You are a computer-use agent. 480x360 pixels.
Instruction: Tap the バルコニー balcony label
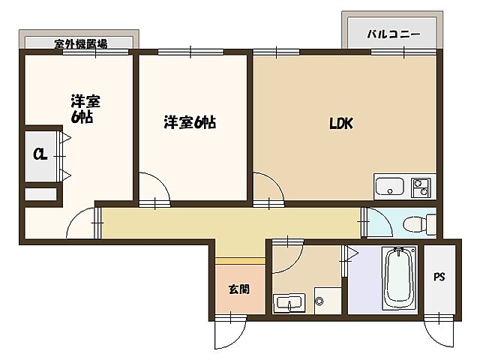point(393,34)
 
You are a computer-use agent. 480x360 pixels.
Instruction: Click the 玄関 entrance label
point(240,288)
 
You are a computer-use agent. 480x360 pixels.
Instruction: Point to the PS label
point(439,277)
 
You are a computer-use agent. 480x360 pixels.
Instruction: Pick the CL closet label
point(38,155)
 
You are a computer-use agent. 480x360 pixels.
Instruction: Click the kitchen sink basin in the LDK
point(388,187)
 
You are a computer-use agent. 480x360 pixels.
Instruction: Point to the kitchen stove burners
point(421,187)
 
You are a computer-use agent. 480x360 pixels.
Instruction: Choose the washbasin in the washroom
point(289,304)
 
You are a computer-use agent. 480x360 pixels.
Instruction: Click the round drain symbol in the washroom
point(320,302)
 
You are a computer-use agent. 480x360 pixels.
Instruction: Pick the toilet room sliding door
point(364,222)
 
